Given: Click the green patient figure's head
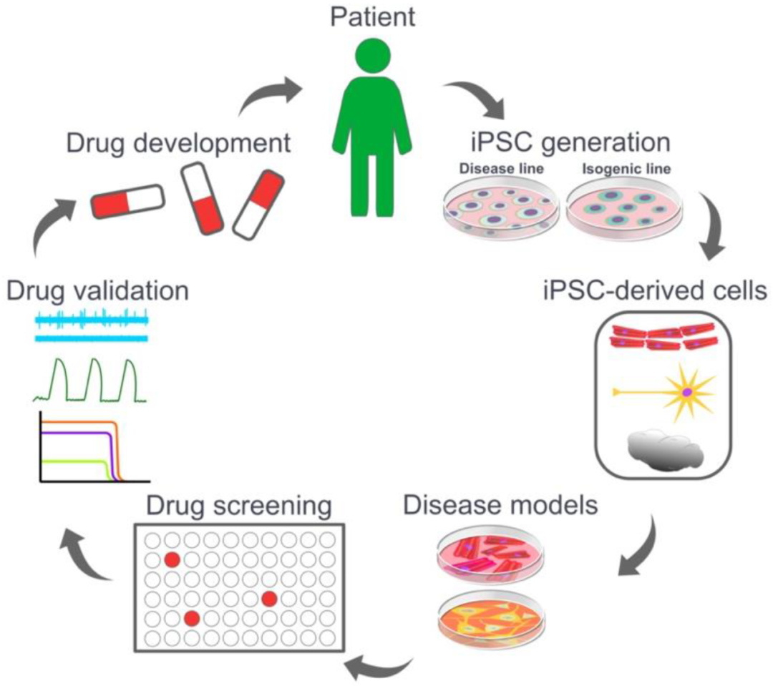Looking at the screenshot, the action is click(x=373, y=56).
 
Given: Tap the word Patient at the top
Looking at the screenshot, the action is click(x=372, y=16).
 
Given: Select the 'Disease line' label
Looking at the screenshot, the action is click(x=501, y=169).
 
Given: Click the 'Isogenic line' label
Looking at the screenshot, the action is click(x=626, y=169).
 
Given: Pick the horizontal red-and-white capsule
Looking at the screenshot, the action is click(x=127, y=201).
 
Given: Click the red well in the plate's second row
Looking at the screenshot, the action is click(x=172, y=560).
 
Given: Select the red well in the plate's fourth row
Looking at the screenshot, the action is click(x=269, y=599).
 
